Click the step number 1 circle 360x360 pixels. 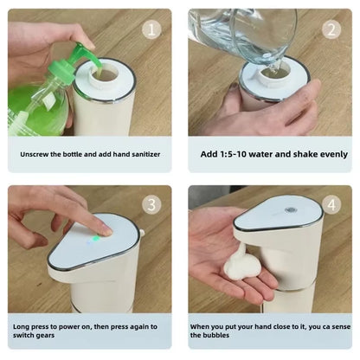152,30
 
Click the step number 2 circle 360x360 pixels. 331,30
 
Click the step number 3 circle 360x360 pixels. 152,204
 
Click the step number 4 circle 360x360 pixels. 331,204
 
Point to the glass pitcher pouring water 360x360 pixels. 242,35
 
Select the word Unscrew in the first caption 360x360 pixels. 37,154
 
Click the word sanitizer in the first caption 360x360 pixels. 143,154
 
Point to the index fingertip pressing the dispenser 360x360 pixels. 106,229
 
